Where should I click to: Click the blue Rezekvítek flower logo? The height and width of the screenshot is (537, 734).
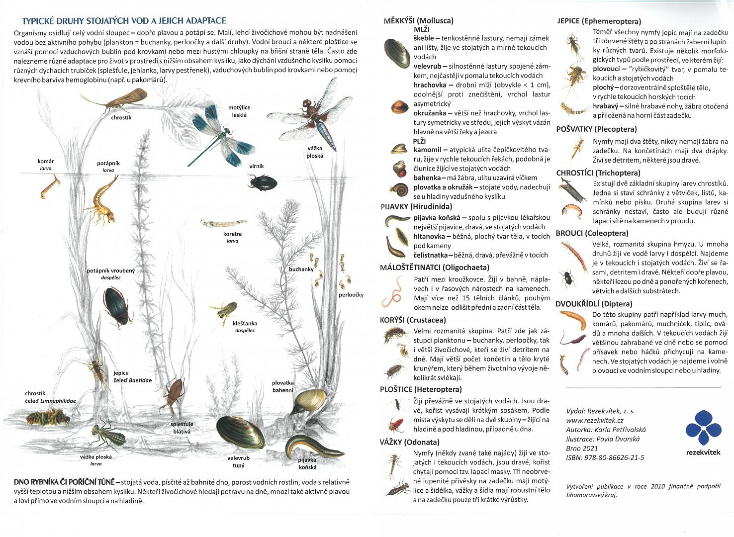(703, 427)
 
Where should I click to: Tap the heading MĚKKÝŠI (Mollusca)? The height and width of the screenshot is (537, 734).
(418, 21)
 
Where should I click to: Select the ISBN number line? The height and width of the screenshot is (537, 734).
(605, 457)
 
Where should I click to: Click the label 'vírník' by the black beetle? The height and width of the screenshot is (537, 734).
(257, 167)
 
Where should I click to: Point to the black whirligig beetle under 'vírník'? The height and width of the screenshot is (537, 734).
(263, 182)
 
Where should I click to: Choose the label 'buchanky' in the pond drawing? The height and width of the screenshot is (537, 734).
(301, 269)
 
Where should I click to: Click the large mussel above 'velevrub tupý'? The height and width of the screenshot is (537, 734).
(240, 433)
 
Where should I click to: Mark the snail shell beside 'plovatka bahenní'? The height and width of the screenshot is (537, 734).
(309, 400)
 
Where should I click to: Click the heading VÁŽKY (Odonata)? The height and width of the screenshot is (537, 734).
(409, 442)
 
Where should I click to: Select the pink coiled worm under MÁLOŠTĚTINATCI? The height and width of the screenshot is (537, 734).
(393, 292)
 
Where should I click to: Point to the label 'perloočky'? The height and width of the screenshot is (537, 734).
(351, 295)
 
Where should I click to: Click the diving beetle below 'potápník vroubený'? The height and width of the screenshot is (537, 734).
(117, 306)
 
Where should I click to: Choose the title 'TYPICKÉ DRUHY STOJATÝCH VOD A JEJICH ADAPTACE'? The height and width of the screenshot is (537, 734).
(124, 21)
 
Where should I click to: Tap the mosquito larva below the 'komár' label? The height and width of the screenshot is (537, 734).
(50, 186)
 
